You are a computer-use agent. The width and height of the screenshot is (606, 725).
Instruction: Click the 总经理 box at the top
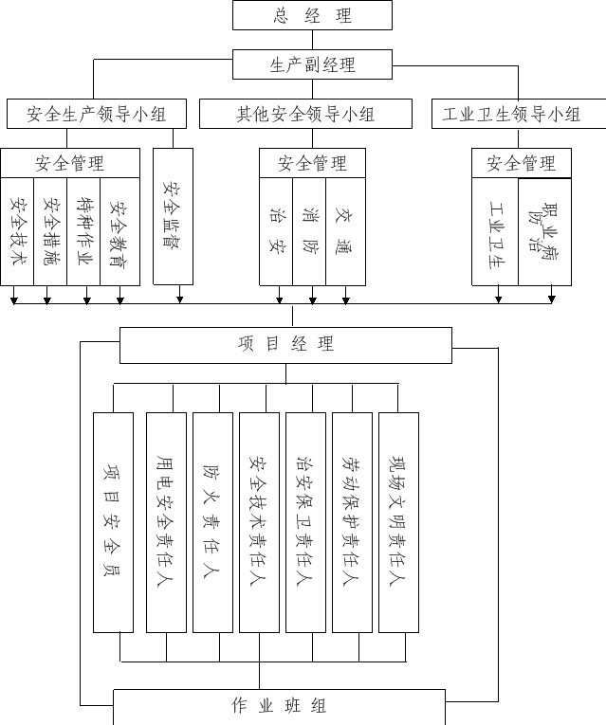coord(312,15)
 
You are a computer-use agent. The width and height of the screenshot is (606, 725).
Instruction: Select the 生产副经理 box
coord(312,64)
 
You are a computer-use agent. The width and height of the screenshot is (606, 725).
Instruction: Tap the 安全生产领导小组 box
coord(97,114)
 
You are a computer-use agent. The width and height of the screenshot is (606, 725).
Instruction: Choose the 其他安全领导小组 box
coord(305,114)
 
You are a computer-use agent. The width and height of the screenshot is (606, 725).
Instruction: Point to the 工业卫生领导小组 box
coord(519,114)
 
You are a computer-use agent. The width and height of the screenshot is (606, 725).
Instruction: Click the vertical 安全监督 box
coord(173,216)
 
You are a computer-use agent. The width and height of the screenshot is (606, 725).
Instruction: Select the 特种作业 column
coord(83,231)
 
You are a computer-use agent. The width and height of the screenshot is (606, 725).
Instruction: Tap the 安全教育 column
coord(119,231)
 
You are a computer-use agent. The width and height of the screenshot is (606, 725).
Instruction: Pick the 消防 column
coord(309,231)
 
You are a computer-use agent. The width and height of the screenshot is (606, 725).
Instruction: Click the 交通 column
coord(345,231)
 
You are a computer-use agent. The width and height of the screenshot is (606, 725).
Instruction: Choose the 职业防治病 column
coord(545,231)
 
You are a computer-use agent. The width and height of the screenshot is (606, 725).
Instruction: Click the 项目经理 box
coord(285,345)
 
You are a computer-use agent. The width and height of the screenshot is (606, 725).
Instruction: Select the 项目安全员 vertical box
coord(114,522)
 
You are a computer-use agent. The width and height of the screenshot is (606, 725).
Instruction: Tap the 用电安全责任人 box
coord(167,522)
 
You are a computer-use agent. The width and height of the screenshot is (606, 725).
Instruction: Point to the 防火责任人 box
coord(212,522)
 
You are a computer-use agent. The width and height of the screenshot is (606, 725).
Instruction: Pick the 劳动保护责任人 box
coord(353,522)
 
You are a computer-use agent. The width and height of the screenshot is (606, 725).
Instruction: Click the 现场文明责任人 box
coord(398,522)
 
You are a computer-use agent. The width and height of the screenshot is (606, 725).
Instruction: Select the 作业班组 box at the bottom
coord(280,707)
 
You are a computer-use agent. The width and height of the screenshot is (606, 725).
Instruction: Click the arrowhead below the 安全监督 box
coord(180,300)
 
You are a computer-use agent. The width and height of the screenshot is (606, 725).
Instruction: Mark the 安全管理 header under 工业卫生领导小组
coord(522,163)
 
